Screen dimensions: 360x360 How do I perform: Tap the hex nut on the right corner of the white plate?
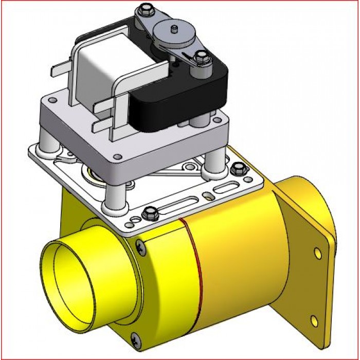click(237, 168)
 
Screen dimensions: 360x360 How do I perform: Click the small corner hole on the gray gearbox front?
click(117, 156)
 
